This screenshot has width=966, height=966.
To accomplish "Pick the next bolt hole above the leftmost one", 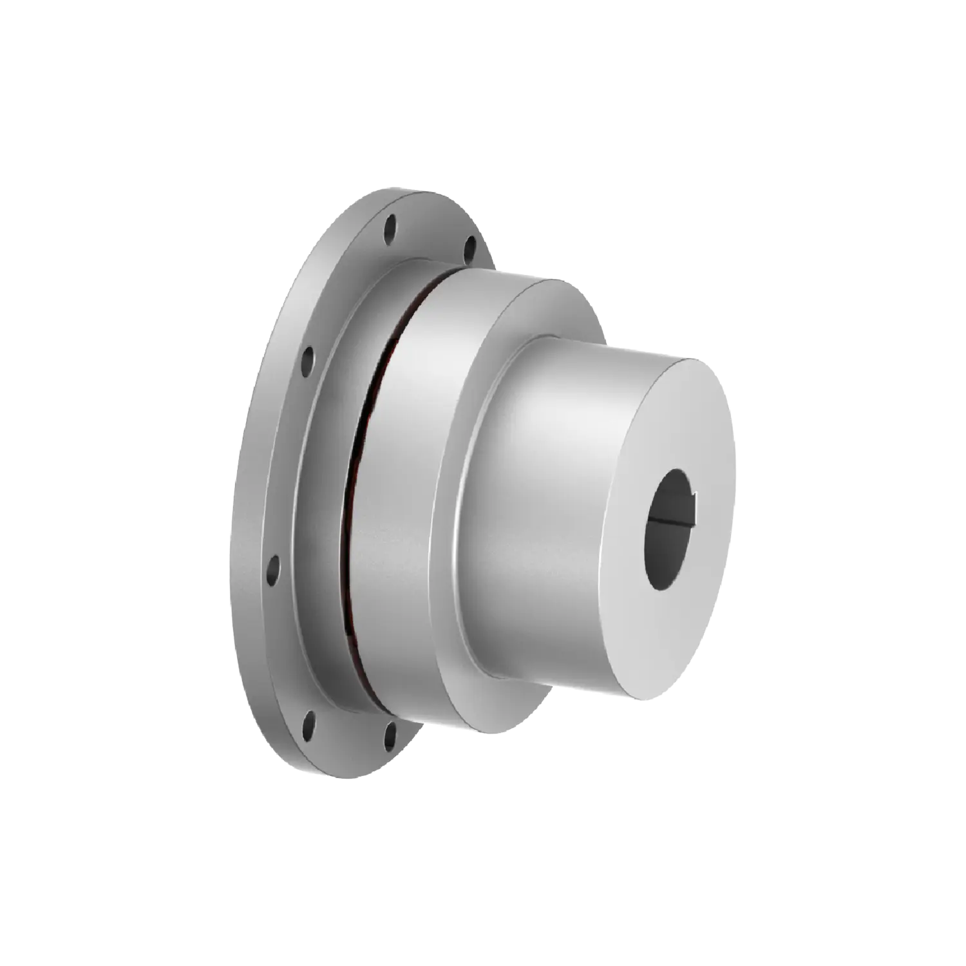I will [308, 355].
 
